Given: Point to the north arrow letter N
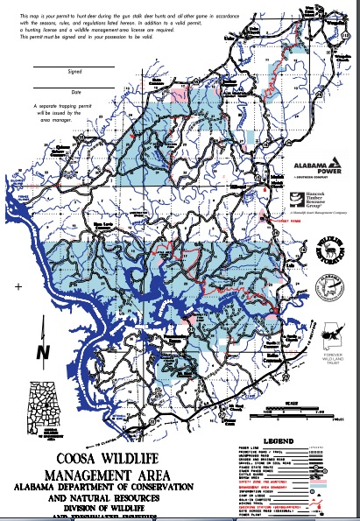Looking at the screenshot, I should pos(42,352).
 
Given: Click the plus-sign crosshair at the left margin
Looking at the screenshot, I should pos(17,286).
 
